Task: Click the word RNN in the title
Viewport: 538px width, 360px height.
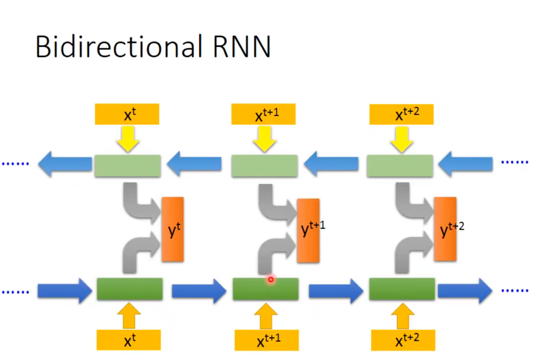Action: click(x=242, y=47)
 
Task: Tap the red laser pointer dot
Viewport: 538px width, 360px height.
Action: click(x=271, y=279)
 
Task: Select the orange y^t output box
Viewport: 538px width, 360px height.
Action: click(x=173, y=230)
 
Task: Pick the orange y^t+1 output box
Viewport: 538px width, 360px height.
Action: click(x=308, y=230)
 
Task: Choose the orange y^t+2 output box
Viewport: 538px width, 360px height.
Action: click(x=445, y=229)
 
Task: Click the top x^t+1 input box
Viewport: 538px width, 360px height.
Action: click(x=263, y=114)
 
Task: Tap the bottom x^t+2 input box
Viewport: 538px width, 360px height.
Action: click(x=403, y=340)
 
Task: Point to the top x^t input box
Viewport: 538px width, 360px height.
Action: click(x=127, y=114)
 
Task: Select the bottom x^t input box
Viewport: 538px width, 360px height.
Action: click(x=128, y=340)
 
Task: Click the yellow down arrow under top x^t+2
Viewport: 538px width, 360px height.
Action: click(x=401, y=139)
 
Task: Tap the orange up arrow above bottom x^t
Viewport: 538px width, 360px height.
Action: click(x=129, y=316)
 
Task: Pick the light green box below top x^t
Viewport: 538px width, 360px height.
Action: click(x=128, y=166)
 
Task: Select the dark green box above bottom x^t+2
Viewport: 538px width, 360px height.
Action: click(x=402, y=289)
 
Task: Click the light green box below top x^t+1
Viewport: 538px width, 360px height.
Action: click(x=264, y=166)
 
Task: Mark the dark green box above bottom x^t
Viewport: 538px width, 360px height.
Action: click(x=130, y=289)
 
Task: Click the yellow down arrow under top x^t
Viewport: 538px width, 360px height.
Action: click(x=128, y=139)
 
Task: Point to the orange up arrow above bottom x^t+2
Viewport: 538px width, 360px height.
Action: click(x=403, y=316)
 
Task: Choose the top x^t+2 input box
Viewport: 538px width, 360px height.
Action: click(x=401, y=114)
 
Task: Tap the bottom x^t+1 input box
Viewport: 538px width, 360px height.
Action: click(x=267, y=340)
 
